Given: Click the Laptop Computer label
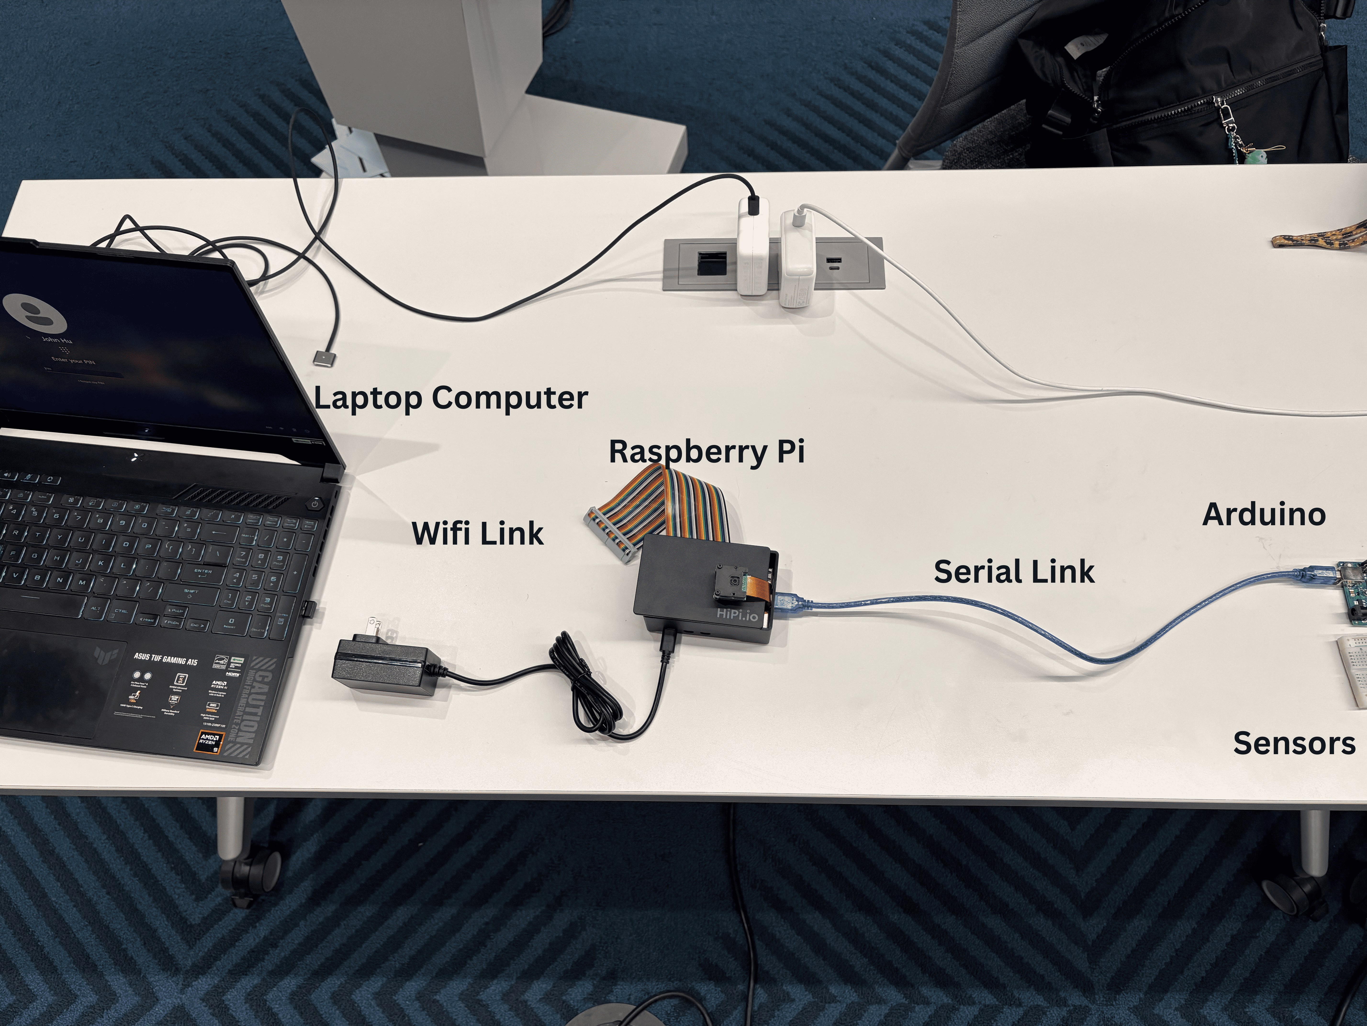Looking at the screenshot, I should click(x=450, y=398).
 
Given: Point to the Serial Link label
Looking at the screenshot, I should click(x=1014, y=571).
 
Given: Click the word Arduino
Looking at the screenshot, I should click(x=1264, y=514).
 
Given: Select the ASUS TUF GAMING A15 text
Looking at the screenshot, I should click(x=166, y=656).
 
